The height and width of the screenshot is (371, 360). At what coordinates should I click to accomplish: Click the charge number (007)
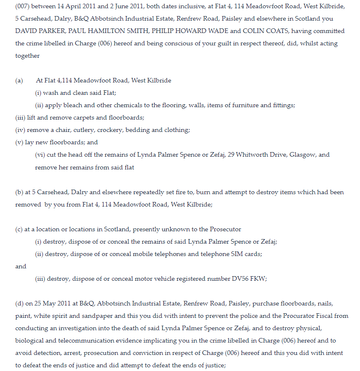pos(23,7)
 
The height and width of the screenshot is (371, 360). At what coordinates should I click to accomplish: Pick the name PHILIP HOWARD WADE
pos(188,31)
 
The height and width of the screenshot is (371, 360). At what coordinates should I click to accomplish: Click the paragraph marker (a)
pos(19,81)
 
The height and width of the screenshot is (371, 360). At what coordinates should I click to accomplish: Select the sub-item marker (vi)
pos(40,155)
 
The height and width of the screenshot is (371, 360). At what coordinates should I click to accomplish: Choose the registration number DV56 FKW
pos(248,279)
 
